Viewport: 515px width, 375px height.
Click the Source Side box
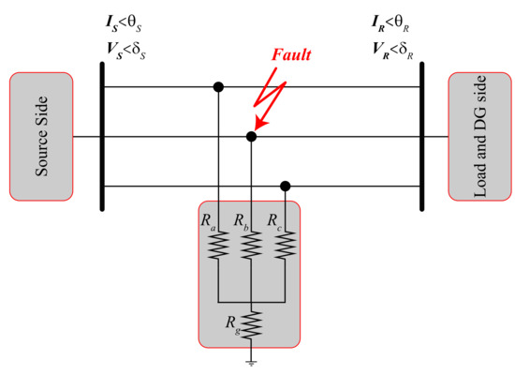point(41,137)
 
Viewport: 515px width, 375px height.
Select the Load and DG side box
point(479,137)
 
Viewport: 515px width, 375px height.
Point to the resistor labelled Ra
point(218,246)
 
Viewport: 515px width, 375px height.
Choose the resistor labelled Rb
point(250,246)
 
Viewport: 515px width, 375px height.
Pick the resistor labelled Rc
point(285,246)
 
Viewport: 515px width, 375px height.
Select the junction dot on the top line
point(218,87)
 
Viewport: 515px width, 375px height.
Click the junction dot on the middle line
point(250,137)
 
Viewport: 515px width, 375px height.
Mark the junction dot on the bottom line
point(285,186)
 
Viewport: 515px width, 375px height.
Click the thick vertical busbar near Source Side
point(102,137)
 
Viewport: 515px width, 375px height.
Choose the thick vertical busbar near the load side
point(421,137)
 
